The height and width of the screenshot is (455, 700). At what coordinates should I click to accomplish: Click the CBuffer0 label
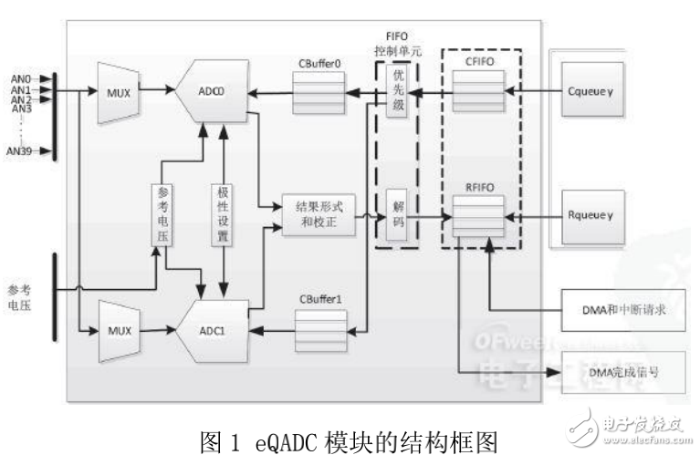click(x=319, y=63)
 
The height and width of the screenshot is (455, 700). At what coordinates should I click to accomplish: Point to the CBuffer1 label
click(x=319, y=298)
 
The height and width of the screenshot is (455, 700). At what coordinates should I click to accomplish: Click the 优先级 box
click(x=395, y=92)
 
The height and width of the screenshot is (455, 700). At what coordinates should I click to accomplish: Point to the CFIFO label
click(x=478, y=62)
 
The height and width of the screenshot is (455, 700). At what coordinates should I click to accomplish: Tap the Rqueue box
click(x=592, y=217)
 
